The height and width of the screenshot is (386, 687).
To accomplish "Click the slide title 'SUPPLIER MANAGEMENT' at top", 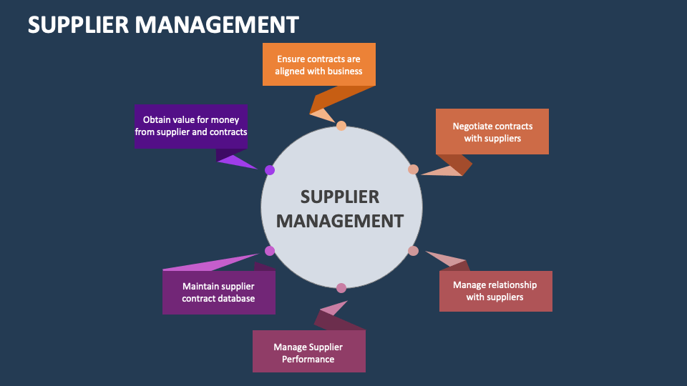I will click(x=163, y=24).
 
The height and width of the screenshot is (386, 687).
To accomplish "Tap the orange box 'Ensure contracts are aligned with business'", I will click(x=318, y=65).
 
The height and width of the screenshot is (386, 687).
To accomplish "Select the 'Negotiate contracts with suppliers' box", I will click(x=492, y=132).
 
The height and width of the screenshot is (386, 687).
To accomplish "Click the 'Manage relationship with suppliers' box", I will click(x=495, y=291).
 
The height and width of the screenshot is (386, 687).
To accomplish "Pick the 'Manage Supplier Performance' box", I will click(x=308, y=352).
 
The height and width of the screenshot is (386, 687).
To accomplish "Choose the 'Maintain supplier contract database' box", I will click(x=218, y=292).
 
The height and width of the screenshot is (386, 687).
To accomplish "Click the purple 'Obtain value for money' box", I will click(x=190, y=126).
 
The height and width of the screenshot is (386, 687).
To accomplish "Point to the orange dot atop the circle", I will click(x=341, y=126).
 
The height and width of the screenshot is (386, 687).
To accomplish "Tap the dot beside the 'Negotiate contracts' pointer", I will click(x=413, y=169).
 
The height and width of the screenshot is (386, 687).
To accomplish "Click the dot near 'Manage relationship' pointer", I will click(x=413, y=251).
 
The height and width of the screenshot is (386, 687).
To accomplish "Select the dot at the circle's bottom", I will click(x=341, y=288).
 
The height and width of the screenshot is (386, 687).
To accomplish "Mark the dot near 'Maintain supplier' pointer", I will click(x=270, y=251).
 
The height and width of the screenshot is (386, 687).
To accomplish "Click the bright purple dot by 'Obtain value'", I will click(x=270, y=170).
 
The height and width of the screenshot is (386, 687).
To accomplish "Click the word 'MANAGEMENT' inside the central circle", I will click(x=340, y=221).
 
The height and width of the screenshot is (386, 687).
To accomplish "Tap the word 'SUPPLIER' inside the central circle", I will click(x=340, y=197).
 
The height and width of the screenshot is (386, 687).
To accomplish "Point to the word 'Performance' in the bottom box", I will click(x=308, y=359).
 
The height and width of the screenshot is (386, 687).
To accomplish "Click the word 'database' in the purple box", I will click(x=238, y=298).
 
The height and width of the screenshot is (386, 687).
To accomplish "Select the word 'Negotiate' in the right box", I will click(x=473, y=126).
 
